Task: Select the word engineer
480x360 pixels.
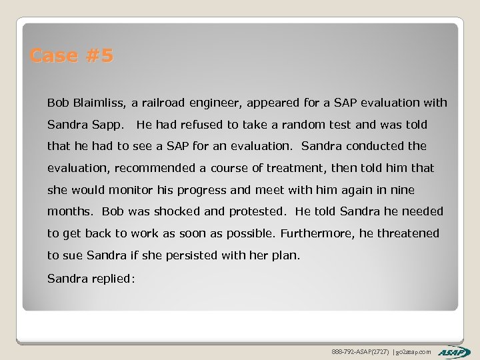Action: pos(221,103)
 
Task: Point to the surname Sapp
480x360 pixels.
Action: pos(106,125)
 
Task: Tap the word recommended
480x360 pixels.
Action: pos(154,168)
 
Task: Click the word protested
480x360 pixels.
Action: pos(257,211)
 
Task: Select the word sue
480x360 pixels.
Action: pos(70,255)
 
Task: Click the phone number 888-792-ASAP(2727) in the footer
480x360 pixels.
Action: pos(357,351)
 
